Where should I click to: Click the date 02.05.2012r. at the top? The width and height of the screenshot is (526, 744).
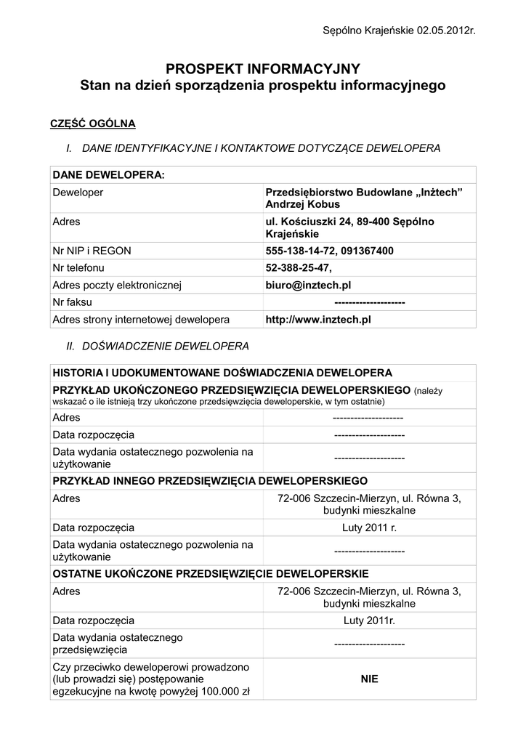(x=445, y=30)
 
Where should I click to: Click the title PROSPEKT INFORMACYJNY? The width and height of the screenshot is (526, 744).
(x=262, y=69)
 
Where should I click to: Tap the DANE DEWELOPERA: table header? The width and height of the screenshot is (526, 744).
(x=109, y=175)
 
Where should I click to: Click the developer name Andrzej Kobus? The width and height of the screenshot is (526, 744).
(x=298, y=205)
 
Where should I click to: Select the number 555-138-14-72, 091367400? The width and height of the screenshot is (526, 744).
(x=330, y=251)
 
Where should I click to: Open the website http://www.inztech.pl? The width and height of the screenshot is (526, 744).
(x=318, y=320)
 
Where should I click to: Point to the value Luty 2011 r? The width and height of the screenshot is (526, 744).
(x=369, y=527)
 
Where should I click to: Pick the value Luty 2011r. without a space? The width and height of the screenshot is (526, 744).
(x=369, y=620)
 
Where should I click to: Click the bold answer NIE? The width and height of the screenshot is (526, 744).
(x=369, y=679)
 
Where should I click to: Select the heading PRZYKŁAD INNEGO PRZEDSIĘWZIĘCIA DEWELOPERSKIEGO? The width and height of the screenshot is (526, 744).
(x=210, y=481)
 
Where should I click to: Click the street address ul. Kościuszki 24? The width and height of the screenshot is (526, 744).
(x=309, y=222)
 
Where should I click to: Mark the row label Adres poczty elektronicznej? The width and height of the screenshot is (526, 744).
(x=116, y=286)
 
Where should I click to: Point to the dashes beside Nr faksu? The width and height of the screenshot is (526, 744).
(x=369, y=302)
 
